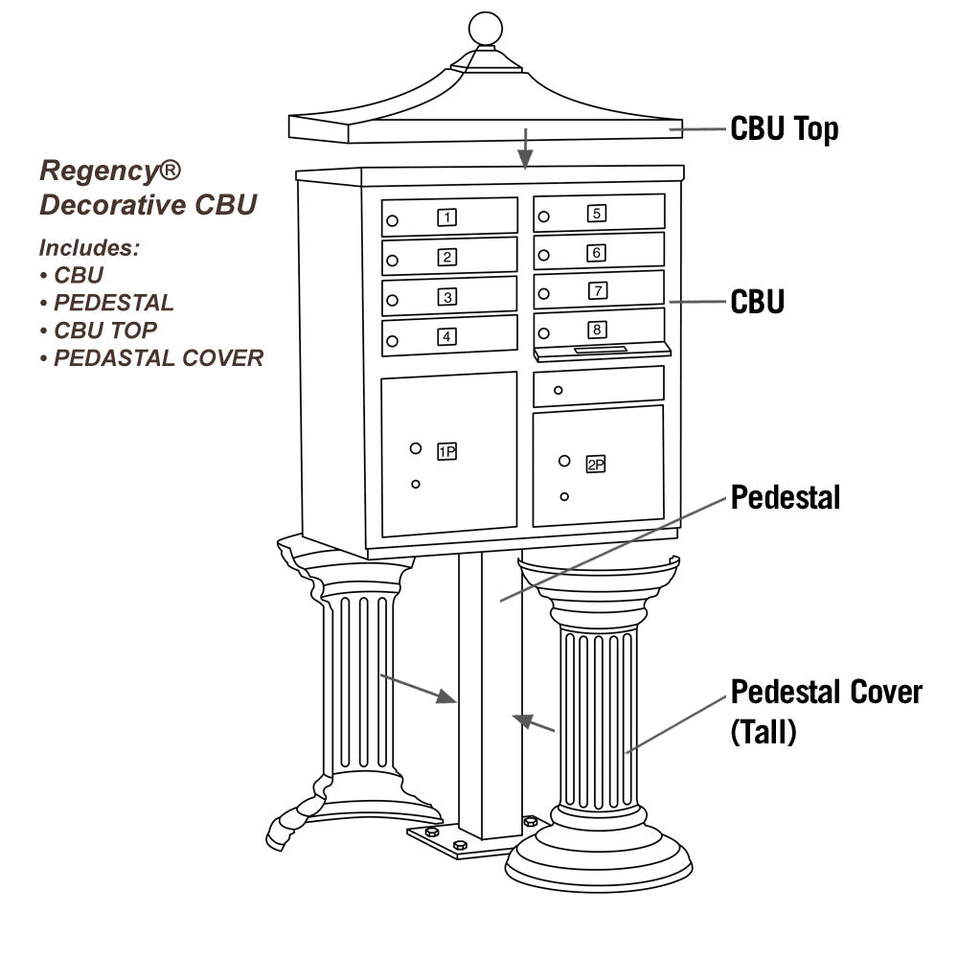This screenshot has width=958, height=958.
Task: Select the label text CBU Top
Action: coord(784,128)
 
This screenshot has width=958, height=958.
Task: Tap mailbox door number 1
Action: coord(449,217)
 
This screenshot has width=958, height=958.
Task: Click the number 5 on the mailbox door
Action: coord(597,214)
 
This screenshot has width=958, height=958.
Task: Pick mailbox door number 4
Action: coord(449,336)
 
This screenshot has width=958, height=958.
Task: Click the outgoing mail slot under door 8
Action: coord(601,351)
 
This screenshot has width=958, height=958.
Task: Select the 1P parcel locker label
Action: coord(446,451)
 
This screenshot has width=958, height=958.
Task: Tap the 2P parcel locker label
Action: coord(596,466)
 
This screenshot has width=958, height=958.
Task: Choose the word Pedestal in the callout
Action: coord(786,497)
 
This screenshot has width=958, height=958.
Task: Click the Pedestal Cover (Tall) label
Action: coord(826,712)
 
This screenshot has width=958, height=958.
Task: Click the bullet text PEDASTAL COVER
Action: coord(158,358)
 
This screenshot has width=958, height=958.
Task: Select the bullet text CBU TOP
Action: coord(105,331)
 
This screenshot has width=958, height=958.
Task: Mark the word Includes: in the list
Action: coord(89,248)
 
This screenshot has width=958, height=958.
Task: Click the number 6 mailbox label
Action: coord(597,253)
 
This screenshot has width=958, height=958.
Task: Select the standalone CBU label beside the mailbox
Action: coord(757,302)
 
